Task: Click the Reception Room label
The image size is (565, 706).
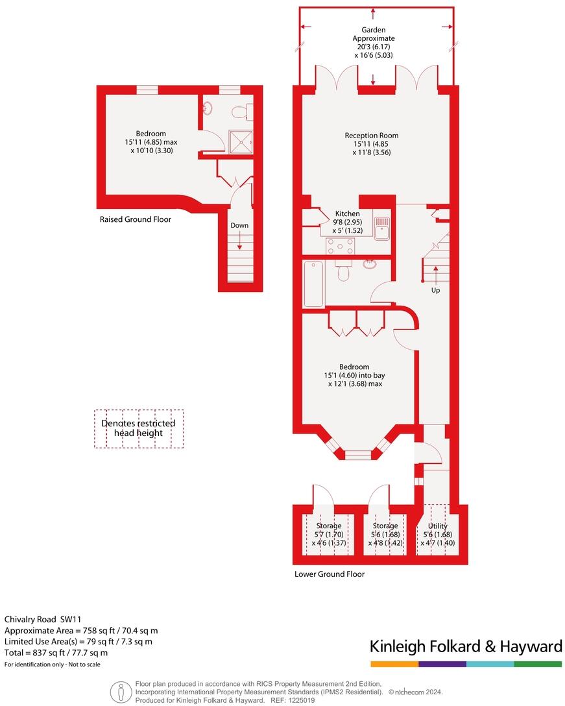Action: click(x=372, y=136)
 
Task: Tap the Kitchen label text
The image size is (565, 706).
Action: click(x=347, y=213)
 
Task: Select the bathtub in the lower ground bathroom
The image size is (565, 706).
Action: click(x=313, y=284)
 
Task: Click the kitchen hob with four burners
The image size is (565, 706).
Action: click(x=341, y=246)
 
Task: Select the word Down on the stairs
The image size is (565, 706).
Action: click(x=239, y=225)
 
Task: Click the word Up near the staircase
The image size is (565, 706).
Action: click(x=435, y=290)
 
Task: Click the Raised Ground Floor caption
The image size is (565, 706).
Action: click(x=136, y=219)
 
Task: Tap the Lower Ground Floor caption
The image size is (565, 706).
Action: click(x=330, y=574)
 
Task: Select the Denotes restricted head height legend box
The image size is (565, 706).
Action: click(x=138, y=428)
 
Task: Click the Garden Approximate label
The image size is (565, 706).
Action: click(x=374, y=34)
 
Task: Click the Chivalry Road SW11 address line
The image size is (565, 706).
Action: click(x=43, y=620)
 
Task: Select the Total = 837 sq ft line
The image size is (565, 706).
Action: click(x=56, y=653)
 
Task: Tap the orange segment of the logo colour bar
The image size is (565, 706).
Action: click(x=394, y=664)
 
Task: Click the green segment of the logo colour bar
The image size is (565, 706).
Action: click(x=538, y=664)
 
